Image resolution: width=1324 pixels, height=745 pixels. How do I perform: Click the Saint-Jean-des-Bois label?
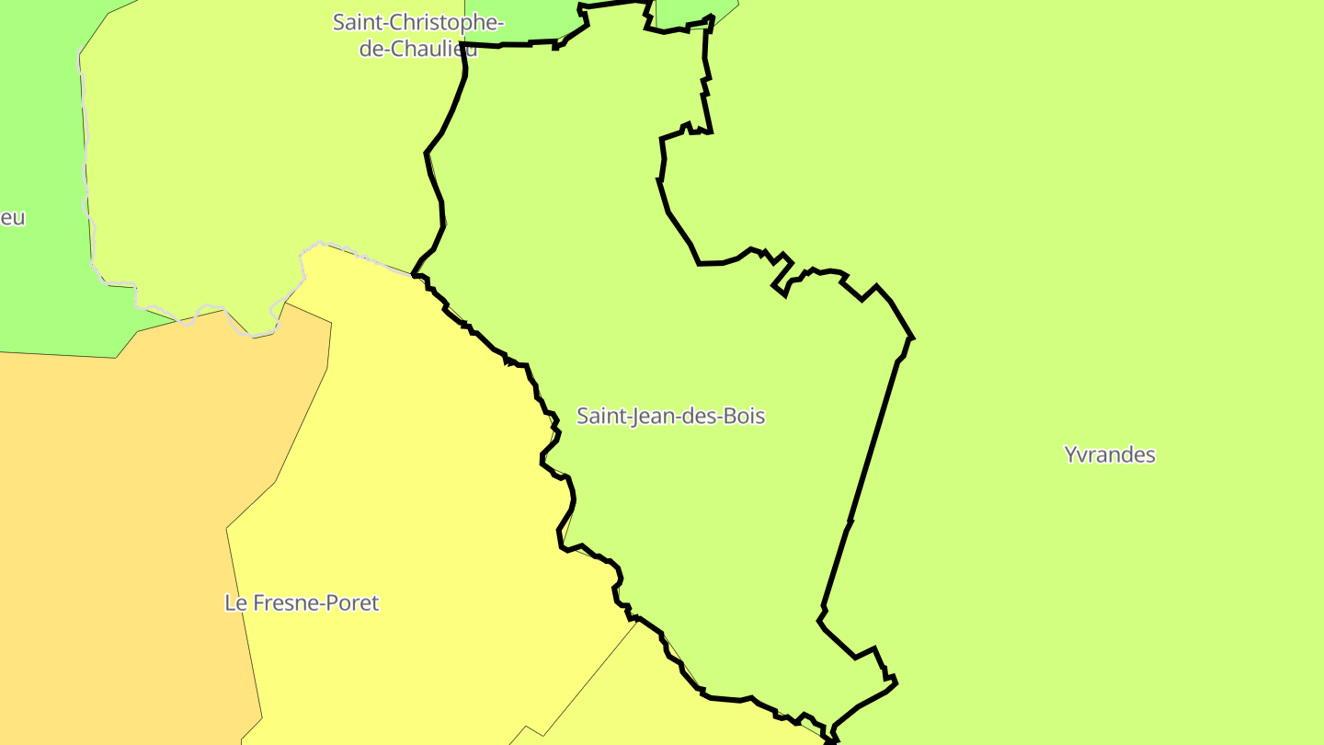coord(670,416)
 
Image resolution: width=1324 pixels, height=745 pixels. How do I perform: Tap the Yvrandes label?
coord(1109,454)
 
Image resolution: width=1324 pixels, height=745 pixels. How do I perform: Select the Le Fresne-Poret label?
coord(302,603)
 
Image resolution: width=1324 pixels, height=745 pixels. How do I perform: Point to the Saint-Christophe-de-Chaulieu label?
coord(418,35)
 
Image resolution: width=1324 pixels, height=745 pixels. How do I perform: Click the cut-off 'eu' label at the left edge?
coord(12,218)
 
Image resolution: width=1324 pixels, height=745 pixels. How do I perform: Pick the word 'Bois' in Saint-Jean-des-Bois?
coord(744,416)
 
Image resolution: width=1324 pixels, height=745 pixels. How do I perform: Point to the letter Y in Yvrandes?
coord(1071,454)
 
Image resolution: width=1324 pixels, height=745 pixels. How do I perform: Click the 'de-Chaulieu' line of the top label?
coord(418,49)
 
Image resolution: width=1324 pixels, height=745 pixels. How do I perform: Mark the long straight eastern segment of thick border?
coord(873,441)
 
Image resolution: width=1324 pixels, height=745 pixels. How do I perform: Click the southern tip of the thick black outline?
coord(832,739)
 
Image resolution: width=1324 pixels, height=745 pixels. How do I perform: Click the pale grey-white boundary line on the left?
coord(88,184)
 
